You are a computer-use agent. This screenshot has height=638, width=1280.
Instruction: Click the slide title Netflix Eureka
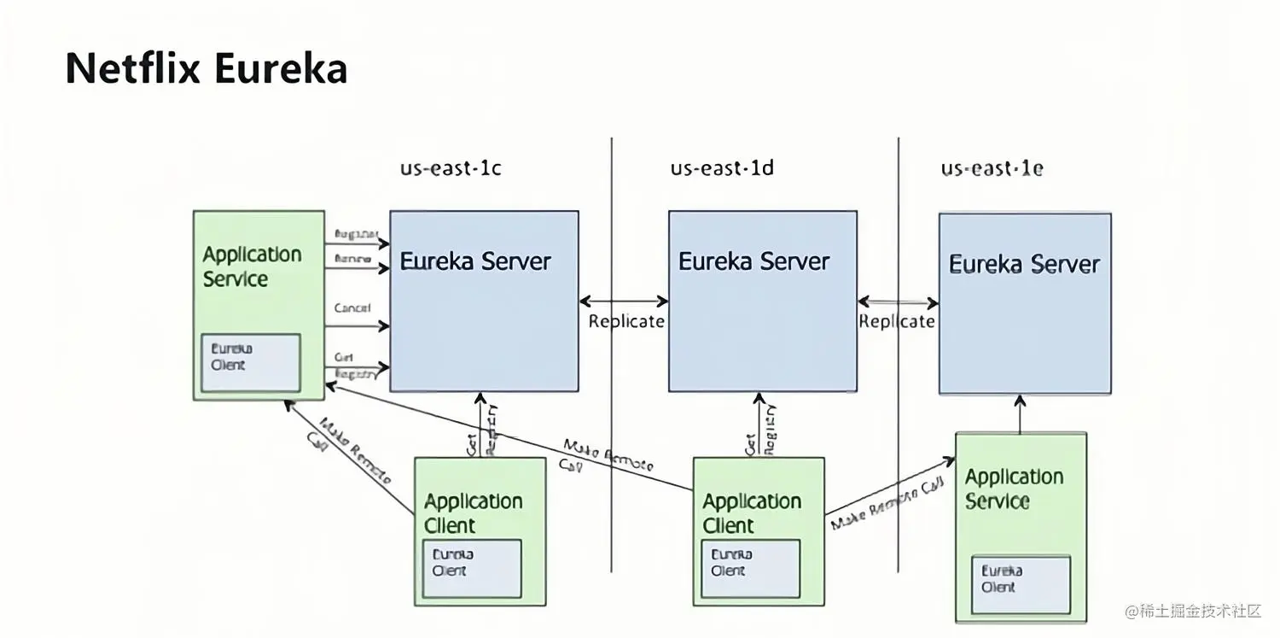pyautogui.click(x=206, y=68)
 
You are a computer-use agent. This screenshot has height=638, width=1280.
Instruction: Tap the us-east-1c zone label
pyautogui.click(x=451, y=168)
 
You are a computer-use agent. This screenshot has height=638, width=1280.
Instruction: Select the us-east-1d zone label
pyautogui.click(x=722, y=168)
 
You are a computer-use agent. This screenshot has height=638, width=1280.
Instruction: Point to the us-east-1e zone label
pyautogui.click(x=992, y=168)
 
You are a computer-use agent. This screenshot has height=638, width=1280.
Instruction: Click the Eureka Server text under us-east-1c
pyautogui.click(x=475, y=261)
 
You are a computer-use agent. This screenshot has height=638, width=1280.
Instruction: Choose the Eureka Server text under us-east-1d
pyautogui.click(x=753, y=261)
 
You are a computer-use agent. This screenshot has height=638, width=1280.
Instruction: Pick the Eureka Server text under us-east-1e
pyautogui.click(x=1024, y=265)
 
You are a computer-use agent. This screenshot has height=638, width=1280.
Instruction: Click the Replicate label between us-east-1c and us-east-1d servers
pyautogui.click(x=626, y=322)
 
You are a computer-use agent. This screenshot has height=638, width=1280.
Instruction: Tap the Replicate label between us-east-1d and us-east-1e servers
pyautogui.click(x=896, y=322)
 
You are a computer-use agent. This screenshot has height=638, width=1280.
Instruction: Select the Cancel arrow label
pyautogui.click(x=352, y=308)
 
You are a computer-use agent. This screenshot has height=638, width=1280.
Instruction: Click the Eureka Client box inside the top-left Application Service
pyautogui.click(x=250, y=362)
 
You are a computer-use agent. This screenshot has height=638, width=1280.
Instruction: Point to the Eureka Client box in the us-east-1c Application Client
pyautogui.click(x=472, y=568)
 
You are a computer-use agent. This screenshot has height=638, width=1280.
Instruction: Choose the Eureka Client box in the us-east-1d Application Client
pyautogui.click(x=750, y=568)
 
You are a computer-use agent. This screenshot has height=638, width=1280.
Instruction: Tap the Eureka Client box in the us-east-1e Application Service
pyautogui.click(x=1021, y=584)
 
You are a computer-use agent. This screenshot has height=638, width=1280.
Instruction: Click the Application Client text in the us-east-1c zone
pyautogui.click(x=473, y=513)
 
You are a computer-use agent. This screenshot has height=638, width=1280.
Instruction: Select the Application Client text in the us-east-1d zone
pyautogui.click(x=752, y=513)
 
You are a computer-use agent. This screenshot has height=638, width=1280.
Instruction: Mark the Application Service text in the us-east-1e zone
pyautogui.click(x=1014, y=489)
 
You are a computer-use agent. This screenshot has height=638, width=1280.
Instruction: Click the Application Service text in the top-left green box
pyautogui.click(x=252, y=266)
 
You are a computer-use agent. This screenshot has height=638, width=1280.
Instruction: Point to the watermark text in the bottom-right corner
pyautogui.click(x=1192, y=611)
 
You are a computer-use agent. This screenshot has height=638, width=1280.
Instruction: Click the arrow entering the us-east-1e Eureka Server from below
pyautogui.click(x=1020, y=413)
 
